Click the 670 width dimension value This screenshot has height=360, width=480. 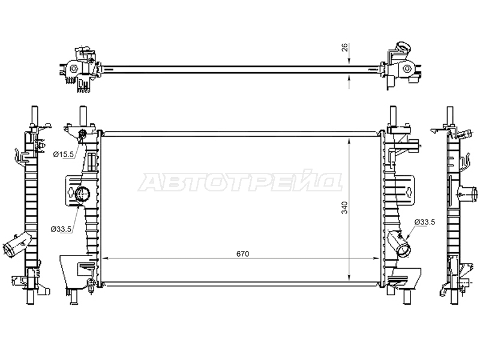point(243,254)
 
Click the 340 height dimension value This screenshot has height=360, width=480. point(344,208)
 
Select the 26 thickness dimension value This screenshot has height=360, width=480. point(344,47)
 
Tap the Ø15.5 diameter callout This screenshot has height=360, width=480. point(64,155)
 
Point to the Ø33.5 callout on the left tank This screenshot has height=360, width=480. point(61,229)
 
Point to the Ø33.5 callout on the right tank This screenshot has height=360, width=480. point(425,222)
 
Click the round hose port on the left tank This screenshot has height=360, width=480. point(82,194)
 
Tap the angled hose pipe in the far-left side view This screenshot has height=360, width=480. point(17,245)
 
